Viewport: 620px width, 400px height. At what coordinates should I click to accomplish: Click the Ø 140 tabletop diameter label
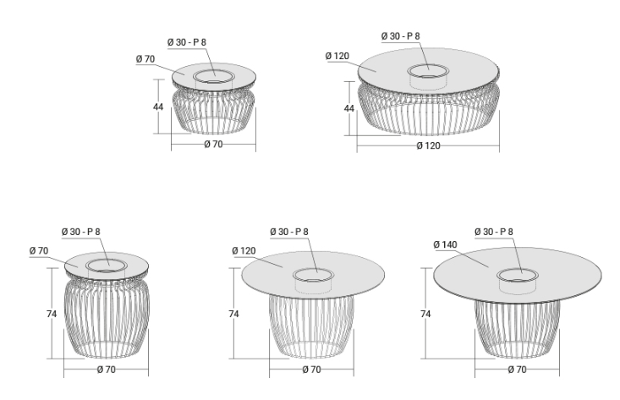pyautogui.click(x=445, y=244)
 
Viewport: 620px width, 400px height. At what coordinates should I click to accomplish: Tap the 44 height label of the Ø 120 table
pyautogui.click(x=349, y=108)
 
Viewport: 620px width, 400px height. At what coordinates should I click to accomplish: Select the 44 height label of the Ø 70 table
pyautogui.click(x=158, y=107)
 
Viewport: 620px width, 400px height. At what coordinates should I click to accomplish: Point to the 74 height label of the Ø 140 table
pyautogui.click(x=425, y=314)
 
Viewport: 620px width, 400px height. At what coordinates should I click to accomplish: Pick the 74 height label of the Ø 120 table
pyautogui.click(x=233, y=314)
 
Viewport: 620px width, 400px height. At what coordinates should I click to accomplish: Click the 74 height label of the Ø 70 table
pyautogui.click(x=52, y=314)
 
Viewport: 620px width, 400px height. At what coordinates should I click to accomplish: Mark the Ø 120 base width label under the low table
pyautogui.click(x=428, y=145)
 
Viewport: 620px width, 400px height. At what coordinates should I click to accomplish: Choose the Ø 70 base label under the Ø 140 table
pyautogui.click(x=517, y=370)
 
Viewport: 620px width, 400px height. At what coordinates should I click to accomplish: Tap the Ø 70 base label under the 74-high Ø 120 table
pyautogui.click(x=311, y=370)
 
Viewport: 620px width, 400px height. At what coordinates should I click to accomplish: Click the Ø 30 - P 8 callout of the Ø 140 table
pyautogui.click(x=494, y=232)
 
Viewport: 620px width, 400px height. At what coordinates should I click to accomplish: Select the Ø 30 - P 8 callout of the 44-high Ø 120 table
pyautogui.click(x=401, y=36)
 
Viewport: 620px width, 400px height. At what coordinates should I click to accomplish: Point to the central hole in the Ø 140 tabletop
pyautogui.click(x=518, y=275)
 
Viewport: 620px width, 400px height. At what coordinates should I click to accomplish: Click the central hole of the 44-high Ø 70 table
pyautogui.click(x=214, y=77)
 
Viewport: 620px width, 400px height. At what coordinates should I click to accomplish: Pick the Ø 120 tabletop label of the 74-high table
pyautogui.click(x=244, y=250)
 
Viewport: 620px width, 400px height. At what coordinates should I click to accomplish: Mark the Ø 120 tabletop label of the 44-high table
pyautogui.click(x=337, y=56)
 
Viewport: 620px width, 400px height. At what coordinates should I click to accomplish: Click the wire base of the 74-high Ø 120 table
pyautogui.click(x=311, y=326)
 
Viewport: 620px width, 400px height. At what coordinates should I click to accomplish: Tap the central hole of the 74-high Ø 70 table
pyautogui.click(x=107, y=266)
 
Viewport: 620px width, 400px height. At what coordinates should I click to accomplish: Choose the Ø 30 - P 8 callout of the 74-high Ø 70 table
pyautogui.click(x=81, y=232)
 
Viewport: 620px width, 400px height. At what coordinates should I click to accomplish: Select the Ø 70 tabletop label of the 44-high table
pyautogui.click(x=145, y=59)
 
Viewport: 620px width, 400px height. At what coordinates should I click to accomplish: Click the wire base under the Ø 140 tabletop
pyautogui.click(x=517, y=329)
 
